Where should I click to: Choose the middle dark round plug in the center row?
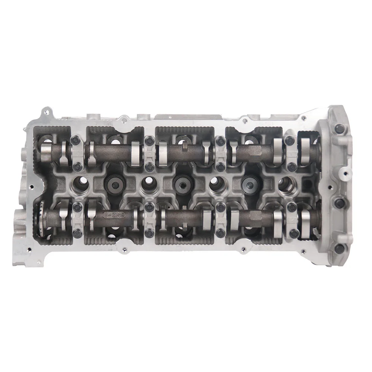click(x=181, y=183)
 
